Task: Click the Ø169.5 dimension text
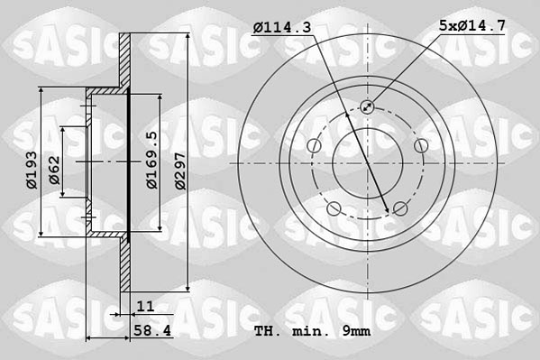152,160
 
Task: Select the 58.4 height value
151,332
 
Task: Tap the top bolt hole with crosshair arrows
367,107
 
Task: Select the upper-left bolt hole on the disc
314,146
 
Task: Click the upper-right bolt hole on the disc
420,146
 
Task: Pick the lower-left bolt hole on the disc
334,209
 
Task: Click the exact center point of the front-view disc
367,163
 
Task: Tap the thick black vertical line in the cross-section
130,162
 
